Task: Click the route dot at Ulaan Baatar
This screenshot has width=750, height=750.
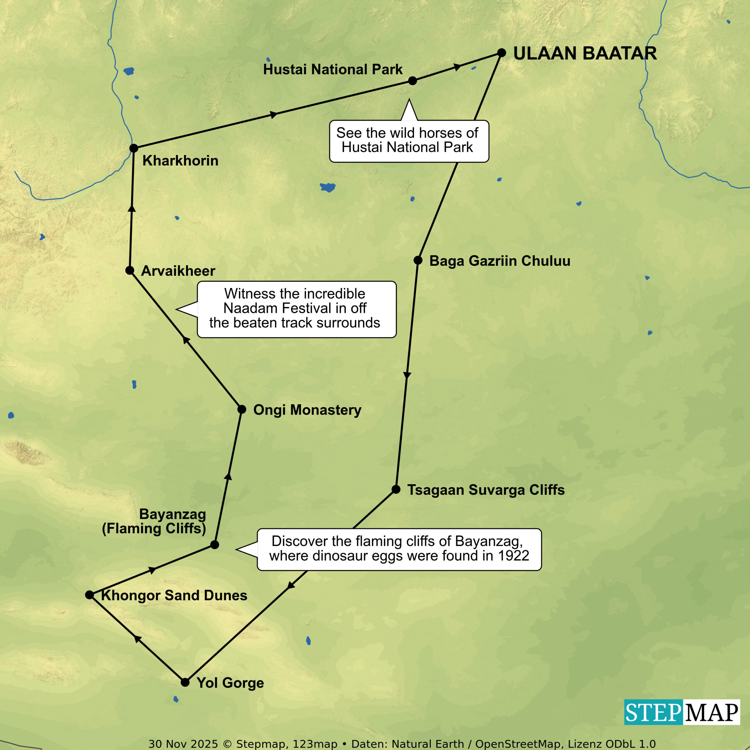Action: [x=502, y=53]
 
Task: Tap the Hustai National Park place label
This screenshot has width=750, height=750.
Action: [x=333, y=69]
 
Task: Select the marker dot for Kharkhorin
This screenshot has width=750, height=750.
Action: [x=134, y=148]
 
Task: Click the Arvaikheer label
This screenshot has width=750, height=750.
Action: [x=178, y=271]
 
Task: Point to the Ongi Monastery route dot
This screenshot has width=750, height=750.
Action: [x=241, y=409]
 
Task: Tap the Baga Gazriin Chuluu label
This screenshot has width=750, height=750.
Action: [x=500, y=261]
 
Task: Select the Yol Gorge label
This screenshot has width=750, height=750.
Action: [x=230, y=683]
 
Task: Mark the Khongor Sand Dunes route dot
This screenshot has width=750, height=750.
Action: [x=90, y=595]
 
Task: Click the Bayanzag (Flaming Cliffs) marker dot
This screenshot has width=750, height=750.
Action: [x=214, y=545]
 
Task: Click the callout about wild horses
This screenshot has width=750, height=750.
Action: [x=409, y=141]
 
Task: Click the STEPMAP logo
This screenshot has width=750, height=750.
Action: [x=682, y=712]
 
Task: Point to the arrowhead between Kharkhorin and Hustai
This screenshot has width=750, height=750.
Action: [x=274, y=115]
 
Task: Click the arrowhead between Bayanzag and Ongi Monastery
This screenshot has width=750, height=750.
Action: [x=228, y=477]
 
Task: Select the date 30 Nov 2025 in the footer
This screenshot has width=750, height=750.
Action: [x=183, y=744]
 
